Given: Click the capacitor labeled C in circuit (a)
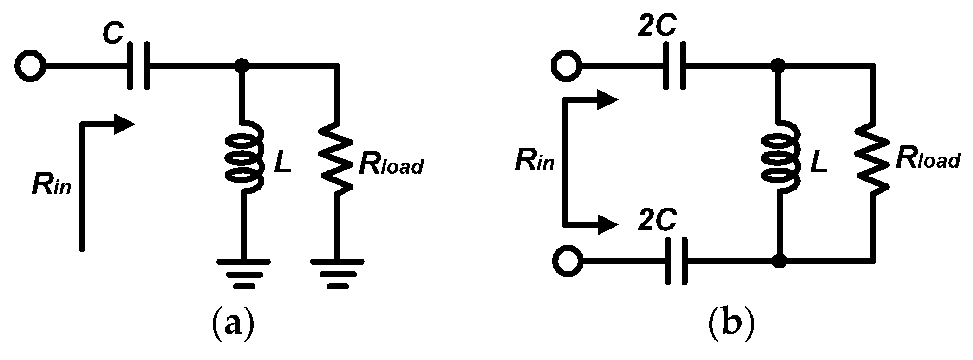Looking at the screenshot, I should pos(138,66).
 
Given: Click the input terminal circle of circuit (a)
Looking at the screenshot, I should pos(30,66).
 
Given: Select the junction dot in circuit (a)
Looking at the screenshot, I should pos(241,66).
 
